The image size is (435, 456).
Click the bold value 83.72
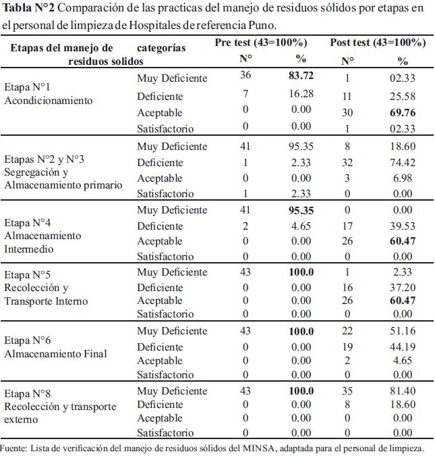point(301,76)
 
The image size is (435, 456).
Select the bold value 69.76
point(403,113)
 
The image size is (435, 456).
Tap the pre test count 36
point(245,75)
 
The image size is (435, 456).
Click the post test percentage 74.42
point(403,162)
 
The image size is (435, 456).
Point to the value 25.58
point(403,96)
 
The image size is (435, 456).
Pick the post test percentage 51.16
point(403,331)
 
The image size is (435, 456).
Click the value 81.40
point(403,390)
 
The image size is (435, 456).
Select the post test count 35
point(347,390)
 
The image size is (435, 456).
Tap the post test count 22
point(347,331)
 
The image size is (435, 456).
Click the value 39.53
point(403,226)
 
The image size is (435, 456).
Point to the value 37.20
point(403,288)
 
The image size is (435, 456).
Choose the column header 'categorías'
point(161,48)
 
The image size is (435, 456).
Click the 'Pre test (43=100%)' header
point(261,43)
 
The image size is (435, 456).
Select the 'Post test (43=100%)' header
point(378,43)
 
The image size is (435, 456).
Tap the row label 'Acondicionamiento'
point(49,101)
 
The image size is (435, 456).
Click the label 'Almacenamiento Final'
point(55,353)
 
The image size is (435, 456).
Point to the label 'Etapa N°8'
point(27,393)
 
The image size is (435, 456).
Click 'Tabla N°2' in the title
point(28,8)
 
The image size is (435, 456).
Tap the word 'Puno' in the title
point(262,25)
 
